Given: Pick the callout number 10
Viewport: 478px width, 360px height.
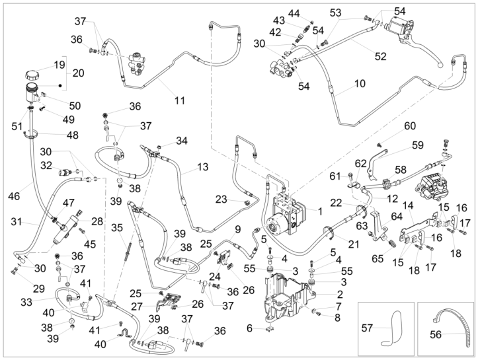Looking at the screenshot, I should tap(360, 84).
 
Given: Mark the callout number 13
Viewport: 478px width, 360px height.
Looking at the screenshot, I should tap(202, 166).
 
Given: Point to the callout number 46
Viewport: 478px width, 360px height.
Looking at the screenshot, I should tap(13, 196).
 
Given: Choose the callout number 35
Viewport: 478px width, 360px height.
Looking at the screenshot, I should tap(116, 229).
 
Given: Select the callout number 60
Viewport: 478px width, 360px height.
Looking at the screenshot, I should tap(409, 126).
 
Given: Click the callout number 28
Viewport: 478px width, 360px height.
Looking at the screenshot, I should tap(98, 221).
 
